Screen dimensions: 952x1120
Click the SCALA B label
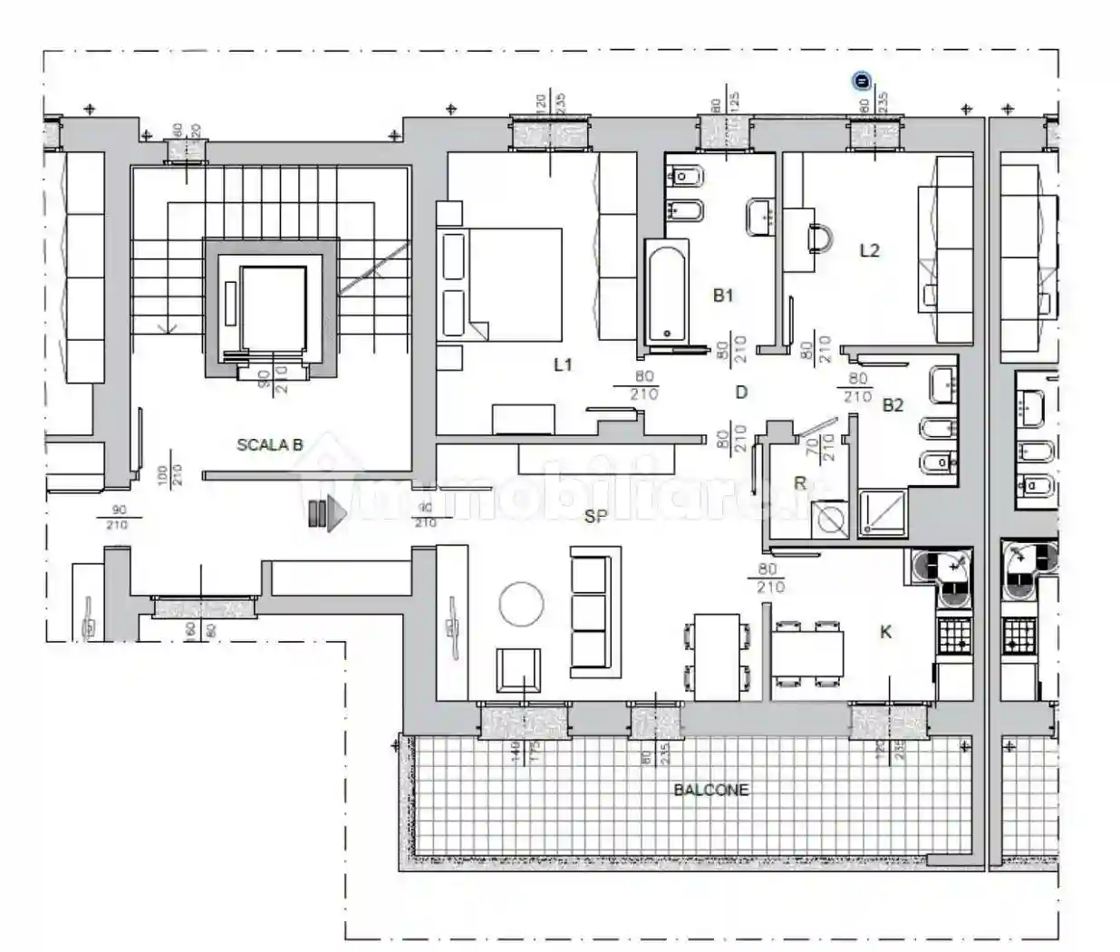pos(269,444)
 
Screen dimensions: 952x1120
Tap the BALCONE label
pos(711,790)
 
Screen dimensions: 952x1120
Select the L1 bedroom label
pos(563,364)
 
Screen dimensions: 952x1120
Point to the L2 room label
pos(869,250)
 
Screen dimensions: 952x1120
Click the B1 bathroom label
pos(722,295)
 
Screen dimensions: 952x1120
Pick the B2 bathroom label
pos(893,405)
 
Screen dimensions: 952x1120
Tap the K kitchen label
pos(885,632)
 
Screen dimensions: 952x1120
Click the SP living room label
pos(595,516)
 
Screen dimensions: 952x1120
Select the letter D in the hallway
pos(741,392)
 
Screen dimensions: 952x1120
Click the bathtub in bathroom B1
pos(666,292)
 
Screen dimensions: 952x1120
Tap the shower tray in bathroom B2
pos(882,514)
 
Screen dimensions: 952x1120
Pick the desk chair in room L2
pos(821,238)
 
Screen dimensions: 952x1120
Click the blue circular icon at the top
pos(862,82)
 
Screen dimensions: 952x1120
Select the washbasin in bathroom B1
pos(760,216)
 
